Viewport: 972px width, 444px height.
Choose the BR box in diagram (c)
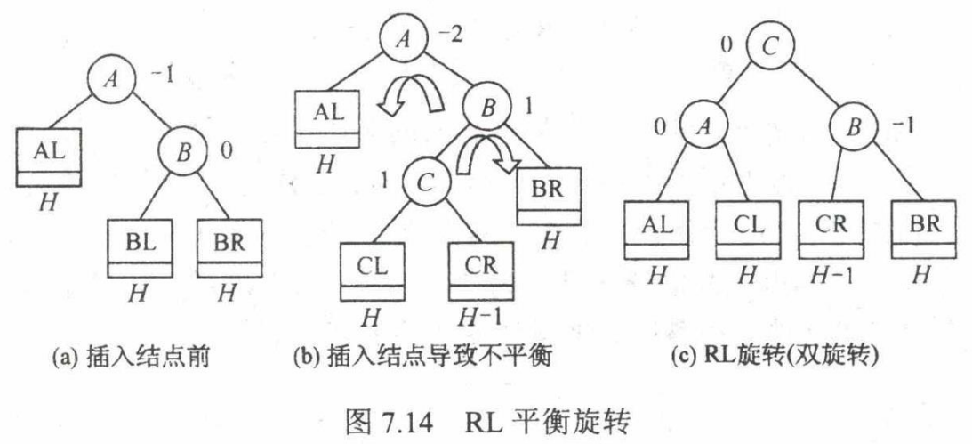point(928,228)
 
